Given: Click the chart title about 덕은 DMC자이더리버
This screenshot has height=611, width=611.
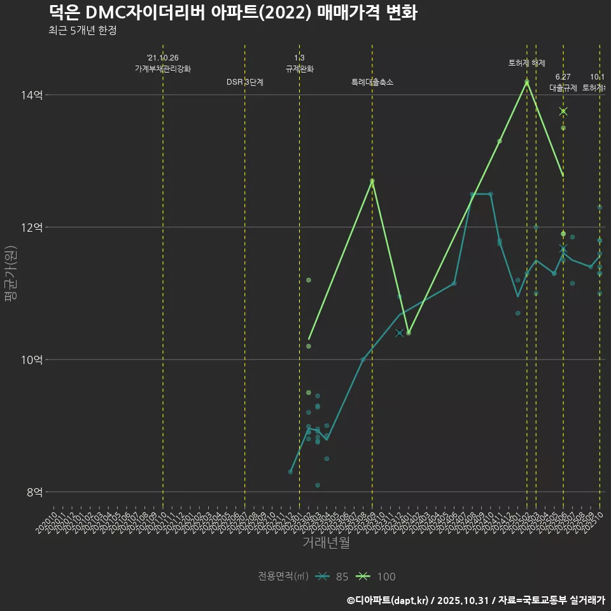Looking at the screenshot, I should [x=232, y=13].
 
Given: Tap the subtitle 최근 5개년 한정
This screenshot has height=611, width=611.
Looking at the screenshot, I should [x=82, y=31].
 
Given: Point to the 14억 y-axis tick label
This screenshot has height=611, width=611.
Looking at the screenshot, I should [x=32, y=95].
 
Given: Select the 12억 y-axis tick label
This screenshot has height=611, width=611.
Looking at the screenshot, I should [x=32, y=227].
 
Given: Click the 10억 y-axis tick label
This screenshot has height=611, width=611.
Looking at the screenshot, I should [x=32, y=360].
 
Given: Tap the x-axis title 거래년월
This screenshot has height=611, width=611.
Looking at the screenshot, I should [x=326, y=543].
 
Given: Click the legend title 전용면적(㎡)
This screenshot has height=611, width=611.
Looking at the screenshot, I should [x=283, y=577].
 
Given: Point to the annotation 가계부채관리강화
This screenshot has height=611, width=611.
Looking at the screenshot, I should [x=162, y=69].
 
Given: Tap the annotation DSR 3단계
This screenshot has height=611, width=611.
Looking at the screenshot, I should [x=244, y=82].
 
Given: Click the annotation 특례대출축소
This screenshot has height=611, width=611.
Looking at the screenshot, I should [x=372, y=82].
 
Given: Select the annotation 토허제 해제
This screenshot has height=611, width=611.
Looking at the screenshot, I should [x=527, y=63].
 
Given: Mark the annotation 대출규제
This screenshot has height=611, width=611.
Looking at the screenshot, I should [x=563, y=88].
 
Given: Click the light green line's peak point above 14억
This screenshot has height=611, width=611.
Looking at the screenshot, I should [x=527, y=81].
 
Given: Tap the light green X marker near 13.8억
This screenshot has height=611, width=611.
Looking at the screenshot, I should [x=563, y=111].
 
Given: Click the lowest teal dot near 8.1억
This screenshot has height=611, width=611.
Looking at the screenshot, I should [x=318, y=485].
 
